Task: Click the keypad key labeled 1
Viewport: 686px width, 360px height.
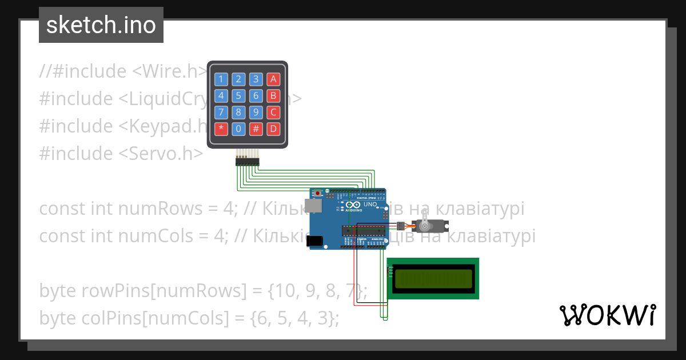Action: coord(221,79)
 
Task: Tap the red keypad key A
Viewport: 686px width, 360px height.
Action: coord(274,79)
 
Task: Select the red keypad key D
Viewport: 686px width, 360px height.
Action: coord(274,129)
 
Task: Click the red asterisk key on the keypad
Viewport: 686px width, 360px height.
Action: coord(221,129)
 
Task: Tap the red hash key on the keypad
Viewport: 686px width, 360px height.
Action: coord(256,129)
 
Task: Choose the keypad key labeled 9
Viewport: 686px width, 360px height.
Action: coord(256,112)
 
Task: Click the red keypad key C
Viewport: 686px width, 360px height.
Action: coord(274,112)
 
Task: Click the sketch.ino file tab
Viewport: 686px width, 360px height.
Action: coord(101,25)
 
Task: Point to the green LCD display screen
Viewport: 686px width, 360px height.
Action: coord(434,278)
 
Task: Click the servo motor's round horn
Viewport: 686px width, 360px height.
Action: coord(424,226)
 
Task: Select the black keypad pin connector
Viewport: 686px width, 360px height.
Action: coord(247,162)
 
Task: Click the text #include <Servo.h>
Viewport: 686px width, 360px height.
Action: coord(121,153)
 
